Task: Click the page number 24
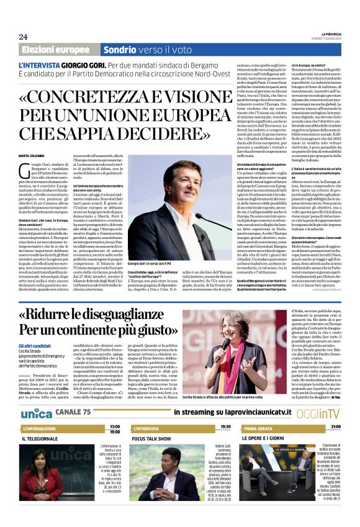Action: [x=23, y=36]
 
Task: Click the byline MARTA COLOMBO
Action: [x=32, y=155]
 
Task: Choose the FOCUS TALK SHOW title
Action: [x=151, y=439]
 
